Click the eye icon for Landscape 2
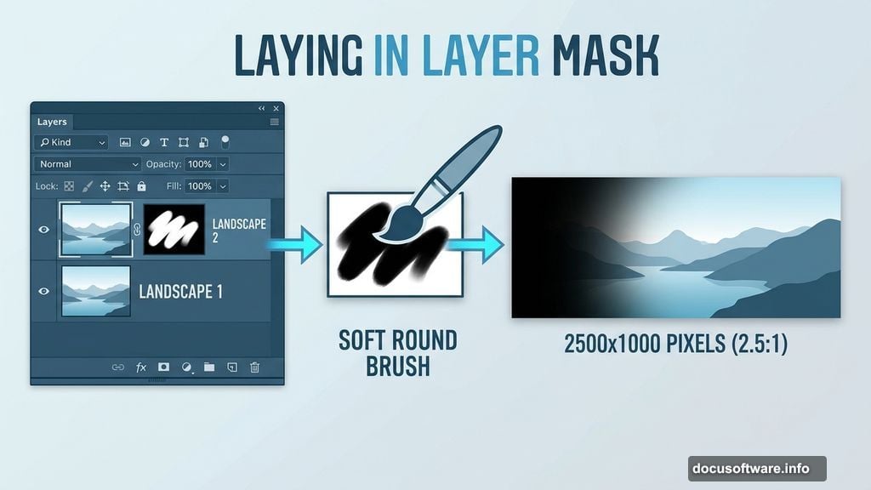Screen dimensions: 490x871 [x=44, y=230]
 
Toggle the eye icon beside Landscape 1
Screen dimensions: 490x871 [x=44, y=291]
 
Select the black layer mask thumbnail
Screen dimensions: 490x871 [x=174, y=230]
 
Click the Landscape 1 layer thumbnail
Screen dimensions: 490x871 [x=96, y=291]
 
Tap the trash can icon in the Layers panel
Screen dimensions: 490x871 [x=254, y=367]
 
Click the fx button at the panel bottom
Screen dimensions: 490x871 [x=141, y=367]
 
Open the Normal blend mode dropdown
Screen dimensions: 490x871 [x=88, y=164]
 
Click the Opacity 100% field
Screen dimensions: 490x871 [x=200, y=164]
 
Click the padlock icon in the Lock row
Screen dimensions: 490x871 [x=141, y=185]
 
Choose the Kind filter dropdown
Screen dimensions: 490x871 [x=71, y=142]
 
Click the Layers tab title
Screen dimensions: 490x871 [x=52, y=122]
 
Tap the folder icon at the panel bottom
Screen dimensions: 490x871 [x=208, y=367]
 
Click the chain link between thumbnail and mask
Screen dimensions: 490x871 [x=136, y=230]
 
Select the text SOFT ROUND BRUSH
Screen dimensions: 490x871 [x=398, y=353]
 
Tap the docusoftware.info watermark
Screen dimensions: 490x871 [x=756, y=468]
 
